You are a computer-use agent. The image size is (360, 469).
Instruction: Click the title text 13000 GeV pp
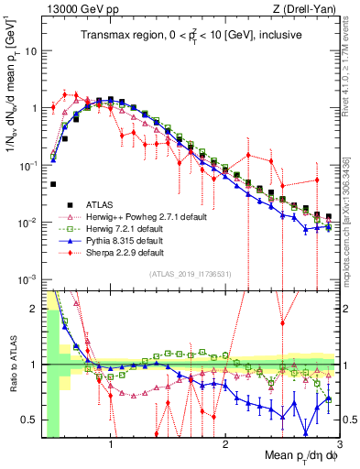pyautogui.click(x=73, y=8)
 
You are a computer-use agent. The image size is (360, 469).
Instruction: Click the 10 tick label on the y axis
pyautogui.click(x=30, y=50)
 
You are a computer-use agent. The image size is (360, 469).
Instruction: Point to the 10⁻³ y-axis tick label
pyautogui.click(x=27, y=278)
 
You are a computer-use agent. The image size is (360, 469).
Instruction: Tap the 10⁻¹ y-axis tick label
pyautogui.click(x=27, y=165)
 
